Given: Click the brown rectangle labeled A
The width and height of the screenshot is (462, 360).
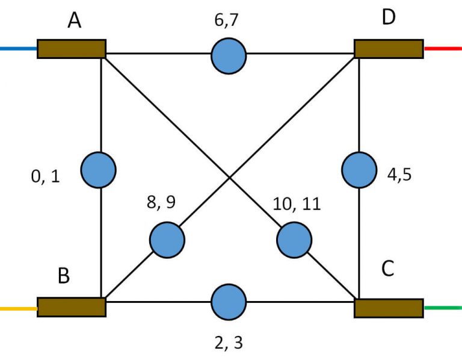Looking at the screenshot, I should point(72,49).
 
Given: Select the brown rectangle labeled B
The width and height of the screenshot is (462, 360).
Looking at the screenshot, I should point(72,307).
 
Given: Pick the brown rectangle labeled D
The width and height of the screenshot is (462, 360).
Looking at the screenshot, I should point(389,49).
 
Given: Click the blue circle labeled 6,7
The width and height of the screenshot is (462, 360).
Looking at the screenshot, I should point(229,56).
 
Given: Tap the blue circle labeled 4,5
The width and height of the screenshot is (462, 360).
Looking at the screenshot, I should point(359,170).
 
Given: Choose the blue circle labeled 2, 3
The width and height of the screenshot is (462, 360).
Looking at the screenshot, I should point(229,302).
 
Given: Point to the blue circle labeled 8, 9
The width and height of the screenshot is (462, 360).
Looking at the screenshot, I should point(167,239).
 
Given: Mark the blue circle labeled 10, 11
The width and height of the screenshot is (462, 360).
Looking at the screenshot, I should point(294,240).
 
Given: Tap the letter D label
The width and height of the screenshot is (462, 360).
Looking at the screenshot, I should point(389,17).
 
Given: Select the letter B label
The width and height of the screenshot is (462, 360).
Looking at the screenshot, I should point(64,276).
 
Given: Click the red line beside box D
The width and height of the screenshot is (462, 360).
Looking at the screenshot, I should point(442,48).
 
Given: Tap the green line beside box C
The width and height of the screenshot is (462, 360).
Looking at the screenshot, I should point(442,308).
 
